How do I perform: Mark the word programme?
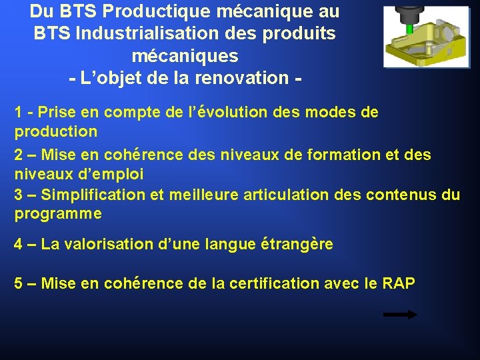58,214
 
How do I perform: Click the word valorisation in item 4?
104,244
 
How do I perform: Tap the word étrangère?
295,244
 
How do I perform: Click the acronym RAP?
399,283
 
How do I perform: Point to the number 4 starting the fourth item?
19,244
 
